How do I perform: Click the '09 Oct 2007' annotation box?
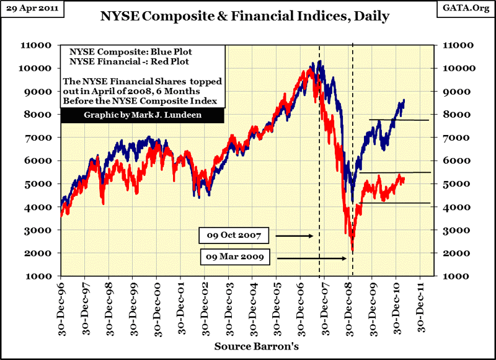tap(233, 236)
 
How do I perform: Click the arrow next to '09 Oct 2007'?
tap(294, 236)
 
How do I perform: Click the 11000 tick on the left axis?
tap(39, 45)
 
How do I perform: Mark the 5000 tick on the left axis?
tap(42, 184)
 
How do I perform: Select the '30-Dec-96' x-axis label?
tap(62, 307)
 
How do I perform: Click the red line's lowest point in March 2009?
tap(352, 251)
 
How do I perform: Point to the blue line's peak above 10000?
tap(319, 61)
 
